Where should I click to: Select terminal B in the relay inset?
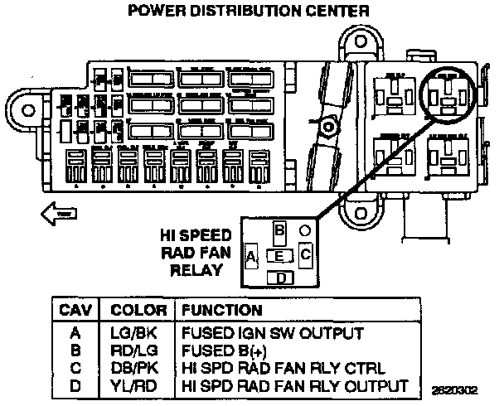coord(280,229)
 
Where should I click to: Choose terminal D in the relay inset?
coord(281,278)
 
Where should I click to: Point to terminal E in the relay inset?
coord(280,255)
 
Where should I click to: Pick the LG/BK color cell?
coord(133,334)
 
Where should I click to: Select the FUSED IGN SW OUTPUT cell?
coord(272,334)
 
